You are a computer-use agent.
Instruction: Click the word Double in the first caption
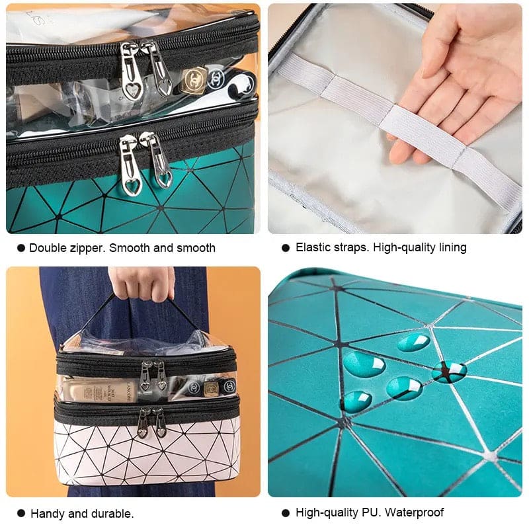(46, 248)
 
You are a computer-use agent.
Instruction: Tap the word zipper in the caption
(87, 248)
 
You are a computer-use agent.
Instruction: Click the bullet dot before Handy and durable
(20, 513)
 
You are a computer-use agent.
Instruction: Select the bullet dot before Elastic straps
(286, 247)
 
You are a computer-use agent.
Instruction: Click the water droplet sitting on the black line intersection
(450, 371)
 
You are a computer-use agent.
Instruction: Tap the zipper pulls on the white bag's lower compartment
(152, 421)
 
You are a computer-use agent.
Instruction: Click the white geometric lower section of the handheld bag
(145, 456)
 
